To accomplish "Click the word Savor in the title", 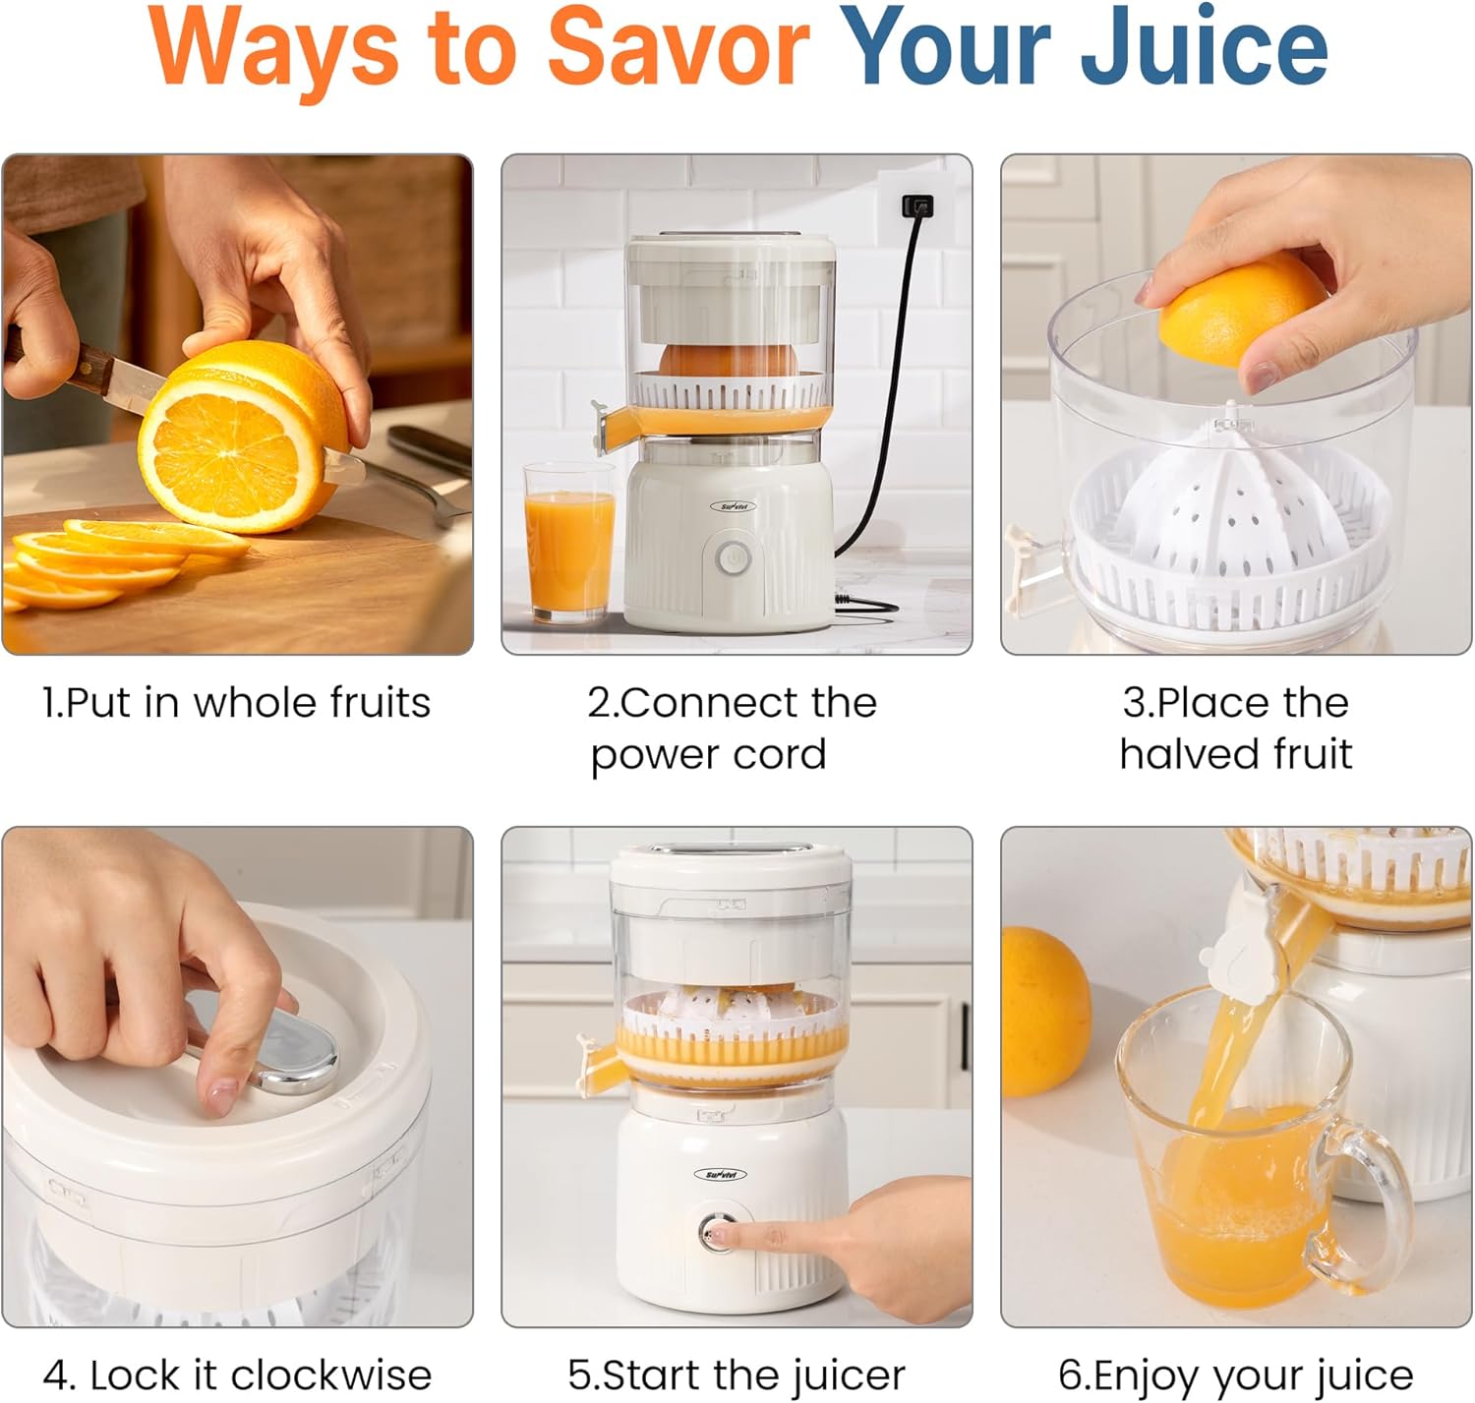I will pyautogui.click(x=678, y=47).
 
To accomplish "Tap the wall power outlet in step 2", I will pyautogui.click(x=916, y=206).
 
